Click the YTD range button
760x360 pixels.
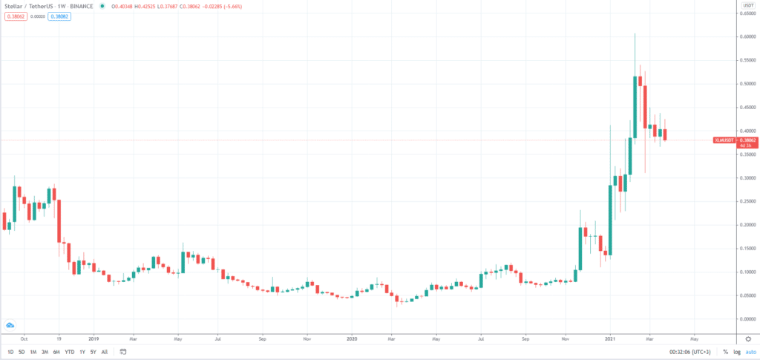(x=69, y=352)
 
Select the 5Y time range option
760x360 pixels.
(x=92, y=352)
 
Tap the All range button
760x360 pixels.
(x=104, y=352)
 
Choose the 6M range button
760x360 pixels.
(x=56, y=352)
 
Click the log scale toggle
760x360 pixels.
(x=736, y=352)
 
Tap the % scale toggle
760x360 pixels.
(x=725, y=352)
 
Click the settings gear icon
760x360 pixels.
(x=748, y=339)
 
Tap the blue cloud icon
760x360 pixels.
(x=10, y=325)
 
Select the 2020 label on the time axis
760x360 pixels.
(x=353, y=338)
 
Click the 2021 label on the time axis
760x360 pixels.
(x=609, y=338)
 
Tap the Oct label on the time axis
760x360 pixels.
(x=24, y=338)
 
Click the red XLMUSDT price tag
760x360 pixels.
(x=724, y=140)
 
